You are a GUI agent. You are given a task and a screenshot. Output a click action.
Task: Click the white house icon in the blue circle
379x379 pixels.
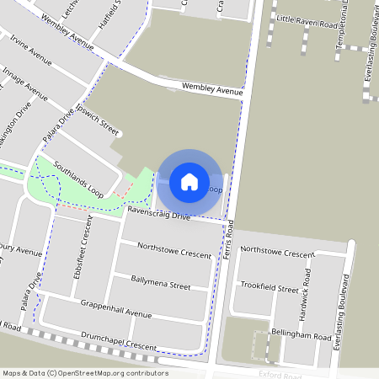[x=189, y=181]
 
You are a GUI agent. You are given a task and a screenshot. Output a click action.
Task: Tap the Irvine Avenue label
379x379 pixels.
[x=31, y=51]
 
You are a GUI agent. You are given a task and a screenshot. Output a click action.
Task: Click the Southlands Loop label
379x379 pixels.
[x=78, y=179]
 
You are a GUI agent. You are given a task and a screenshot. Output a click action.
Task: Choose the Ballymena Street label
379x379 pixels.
[x=160, y=281]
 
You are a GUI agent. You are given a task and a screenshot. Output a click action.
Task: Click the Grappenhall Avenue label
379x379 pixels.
[x=116, y=309]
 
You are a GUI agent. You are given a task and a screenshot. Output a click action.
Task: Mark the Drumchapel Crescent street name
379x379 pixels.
[x=120, y=341]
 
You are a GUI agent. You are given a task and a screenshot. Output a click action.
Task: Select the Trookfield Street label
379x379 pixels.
[x=269, y=288]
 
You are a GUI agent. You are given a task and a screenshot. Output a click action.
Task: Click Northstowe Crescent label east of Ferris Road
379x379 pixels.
[x=289, y=252]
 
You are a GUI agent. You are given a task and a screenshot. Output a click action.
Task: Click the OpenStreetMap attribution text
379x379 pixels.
[x=84, y=373]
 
